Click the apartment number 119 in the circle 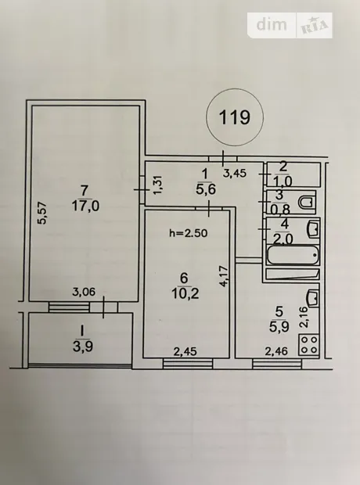tap(234, 117)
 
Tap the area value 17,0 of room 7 tap(85, 206)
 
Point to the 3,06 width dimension tap(84, 292)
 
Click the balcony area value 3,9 tap(83, 347)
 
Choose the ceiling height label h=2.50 tap(188, 232)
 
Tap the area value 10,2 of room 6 tap(185, 293)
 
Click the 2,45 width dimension tap(185, 351)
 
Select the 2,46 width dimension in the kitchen tap(276, 351)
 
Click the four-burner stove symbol tap(309, 344)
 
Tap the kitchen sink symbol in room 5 tap(313, 299)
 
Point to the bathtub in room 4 tap(293, 255)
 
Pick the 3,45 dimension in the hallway tap(235, 173)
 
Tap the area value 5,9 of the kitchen tap(279, 327)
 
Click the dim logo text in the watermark tap(272, 24)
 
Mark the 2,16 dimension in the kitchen tap(304, 317)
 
